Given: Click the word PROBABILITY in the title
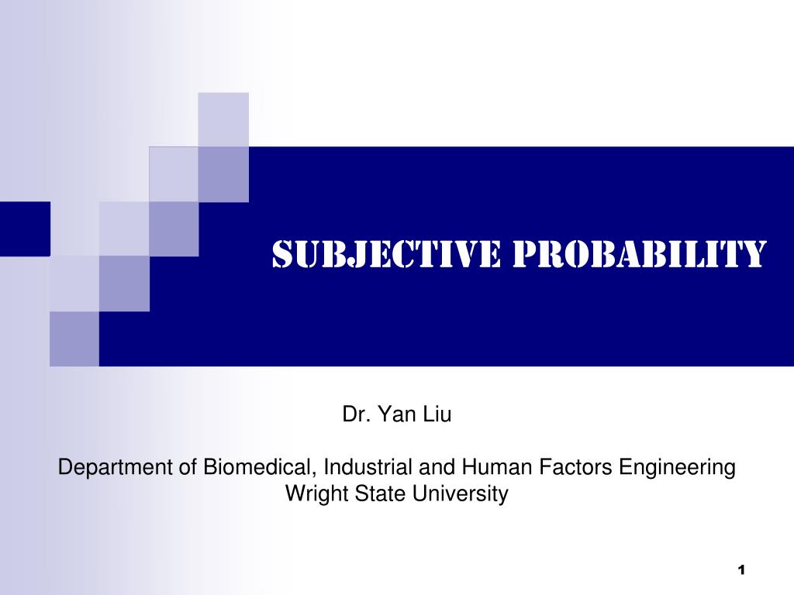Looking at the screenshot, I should [x=637, y=254].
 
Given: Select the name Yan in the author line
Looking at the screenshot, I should [x=395, y=415].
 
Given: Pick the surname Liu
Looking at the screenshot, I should [x=437, y=415].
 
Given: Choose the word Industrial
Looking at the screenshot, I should [x=368, y=468].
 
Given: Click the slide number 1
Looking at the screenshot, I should [x=741, y=571].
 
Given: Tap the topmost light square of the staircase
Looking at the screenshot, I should [x=223, y=119].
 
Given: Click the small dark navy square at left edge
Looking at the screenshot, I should [x=25, y=229].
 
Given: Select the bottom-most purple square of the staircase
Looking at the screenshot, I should [x=74, y=339].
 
